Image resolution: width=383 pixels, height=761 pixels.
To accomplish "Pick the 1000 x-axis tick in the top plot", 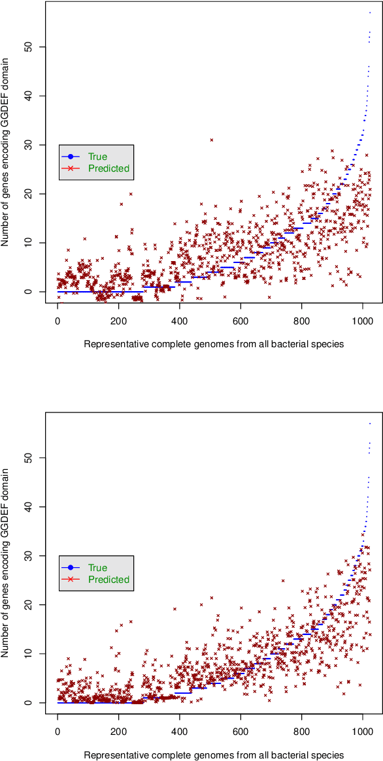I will pos(363,320).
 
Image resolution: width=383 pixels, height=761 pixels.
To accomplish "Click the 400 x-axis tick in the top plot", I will pos(179,320).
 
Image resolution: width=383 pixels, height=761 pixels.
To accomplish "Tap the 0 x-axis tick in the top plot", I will pos(58,320).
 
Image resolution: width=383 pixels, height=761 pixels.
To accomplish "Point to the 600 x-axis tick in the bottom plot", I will pos(241,732).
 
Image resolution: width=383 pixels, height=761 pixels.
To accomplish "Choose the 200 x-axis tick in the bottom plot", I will pos(118,732).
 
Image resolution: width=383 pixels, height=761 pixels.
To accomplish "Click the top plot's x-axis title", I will pos(214,343).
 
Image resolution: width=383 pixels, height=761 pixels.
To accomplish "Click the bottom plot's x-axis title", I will pos(214,754).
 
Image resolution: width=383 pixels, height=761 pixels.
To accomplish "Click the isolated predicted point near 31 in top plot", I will pos(211,140).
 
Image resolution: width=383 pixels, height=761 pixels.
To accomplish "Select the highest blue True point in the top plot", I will pos(370,12).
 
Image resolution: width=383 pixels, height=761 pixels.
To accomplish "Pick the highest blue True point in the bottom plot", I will pos(370,424).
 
